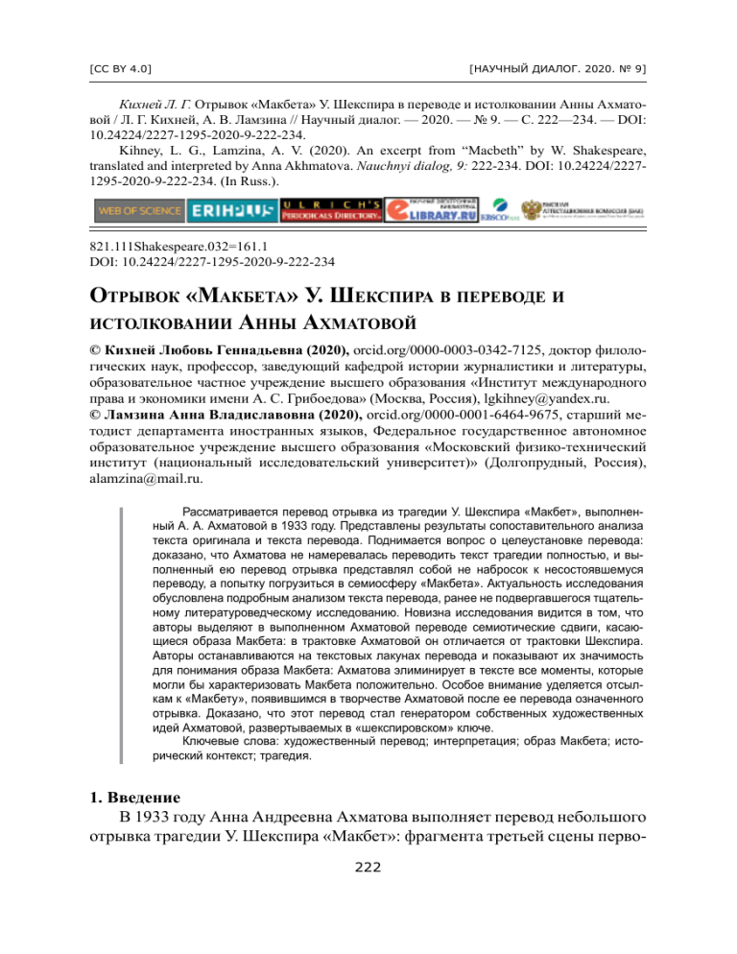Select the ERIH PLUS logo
[230, 209]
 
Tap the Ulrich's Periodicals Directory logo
[330, 209]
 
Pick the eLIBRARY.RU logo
[432, 209]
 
